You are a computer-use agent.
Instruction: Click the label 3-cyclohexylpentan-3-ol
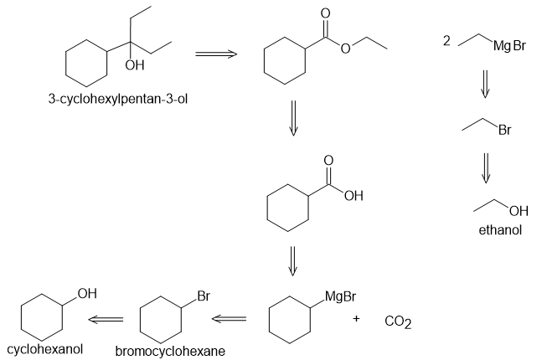pyautogui.click(x=118, y=100)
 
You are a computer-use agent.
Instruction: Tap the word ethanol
pyautogui.click(x=500, y=229)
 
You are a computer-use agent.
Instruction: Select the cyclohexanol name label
pyautogui.click(x=44, y=349)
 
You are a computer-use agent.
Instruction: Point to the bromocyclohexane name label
pyautogui.click(x=170, y=352)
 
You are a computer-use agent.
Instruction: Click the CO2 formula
pyautogui.click(x=398, y=321)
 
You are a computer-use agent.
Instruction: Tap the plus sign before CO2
pyautogui.click(x=356, y=318)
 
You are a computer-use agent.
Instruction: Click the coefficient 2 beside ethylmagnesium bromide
pyautogui.click(x=447, y=41)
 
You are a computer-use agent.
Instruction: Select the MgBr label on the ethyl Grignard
pyautogui.click(x=509, y=45)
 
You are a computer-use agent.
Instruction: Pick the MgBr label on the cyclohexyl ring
pyautogui.click(x=340, y=296)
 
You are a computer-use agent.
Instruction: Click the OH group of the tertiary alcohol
pyautogui.click(x=135, y=65)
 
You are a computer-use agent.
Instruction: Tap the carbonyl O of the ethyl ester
pyautogui.click(x=325, y=13)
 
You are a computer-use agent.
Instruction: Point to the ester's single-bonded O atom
pyautogui.click(x=345, y=49)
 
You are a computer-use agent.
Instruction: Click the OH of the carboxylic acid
pyautogui.click(x=354, y=196)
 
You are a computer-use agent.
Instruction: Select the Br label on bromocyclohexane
pyautogui.click(x=204, y=296)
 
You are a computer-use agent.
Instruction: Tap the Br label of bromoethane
pyautogui.click(x=504, y=130)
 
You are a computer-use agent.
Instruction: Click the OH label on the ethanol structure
pyautogui.click(x=519, y=211)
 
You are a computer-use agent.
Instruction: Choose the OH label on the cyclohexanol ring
pyautogui.click(x=87, y=294)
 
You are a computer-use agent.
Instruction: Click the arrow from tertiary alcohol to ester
pyautogui.click(x=216, y=54)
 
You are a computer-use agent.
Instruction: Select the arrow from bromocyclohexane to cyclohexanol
pyautogui.click(x=106, y=319)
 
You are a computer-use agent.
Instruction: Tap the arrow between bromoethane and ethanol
pyautogui.click(x=486, y=168)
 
